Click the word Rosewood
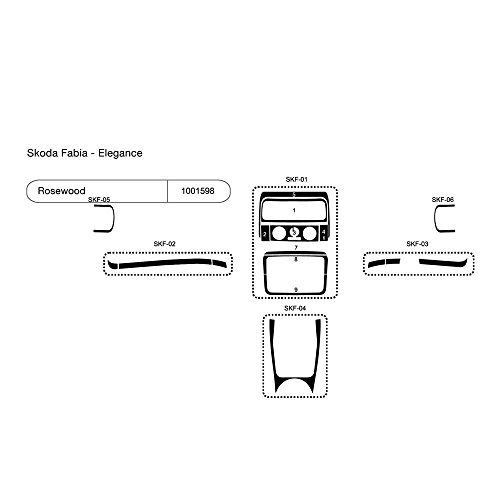click(x=61, y=191)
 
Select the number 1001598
click(x=198, y=191)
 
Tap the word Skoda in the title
click(x=41, y=153)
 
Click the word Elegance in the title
click(x=120, y=153)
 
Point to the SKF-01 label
click(x=296, y=179)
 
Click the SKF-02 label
click(x=164, y=244)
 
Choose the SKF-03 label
click(x=417, y=244)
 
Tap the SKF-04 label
click(x=295, y=308)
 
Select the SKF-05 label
click(x=99, y=199)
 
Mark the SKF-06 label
click(x=443, y=199)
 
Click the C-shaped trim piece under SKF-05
click(x=113, y=218)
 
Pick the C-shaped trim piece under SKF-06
click(x=436, y=218)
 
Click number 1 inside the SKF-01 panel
click(x=294, y=210)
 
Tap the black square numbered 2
click(x=265, y=234)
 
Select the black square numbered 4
click(x=324, y=234)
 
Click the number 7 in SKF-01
click(x=296, y=248)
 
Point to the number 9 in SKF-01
click(x=296, y=290)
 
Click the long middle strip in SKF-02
click(x=165, y=263)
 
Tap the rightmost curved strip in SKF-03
click(x=443, y=262)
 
